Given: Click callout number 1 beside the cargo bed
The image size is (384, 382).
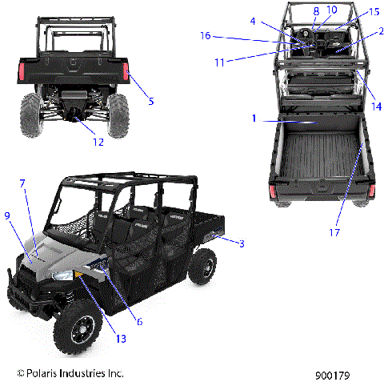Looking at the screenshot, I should (254, 119).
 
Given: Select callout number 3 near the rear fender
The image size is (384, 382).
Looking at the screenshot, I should (240, 242).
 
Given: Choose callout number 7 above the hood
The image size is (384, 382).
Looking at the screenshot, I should (23, 183).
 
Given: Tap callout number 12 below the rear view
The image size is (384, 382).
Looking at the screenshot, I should (98, 143).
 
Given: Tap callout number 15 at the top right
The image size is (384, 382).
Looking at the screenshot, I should (352, 11).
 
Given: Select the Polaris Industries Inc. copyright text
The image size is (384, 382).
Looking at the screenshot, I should (70, 373).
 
